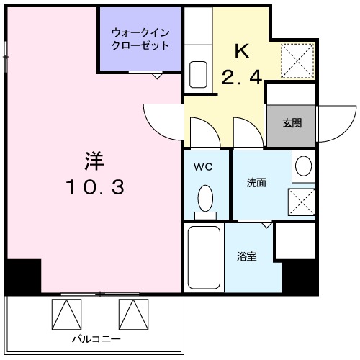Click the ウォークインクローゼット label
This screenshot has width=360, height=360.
coord(140,38)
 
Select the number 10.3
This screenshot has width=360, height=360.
coord(95,188)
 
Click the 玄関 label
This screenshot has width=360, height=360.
coord(292,122)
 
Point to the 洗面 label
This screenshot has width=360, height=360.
coord(256,183)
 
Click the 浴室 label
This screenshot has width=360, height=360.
coord(247,256)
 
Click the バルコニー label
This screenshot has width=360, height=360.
coord(95,338)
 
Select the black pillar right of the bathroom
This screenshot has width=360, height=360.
coord(300,278)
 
